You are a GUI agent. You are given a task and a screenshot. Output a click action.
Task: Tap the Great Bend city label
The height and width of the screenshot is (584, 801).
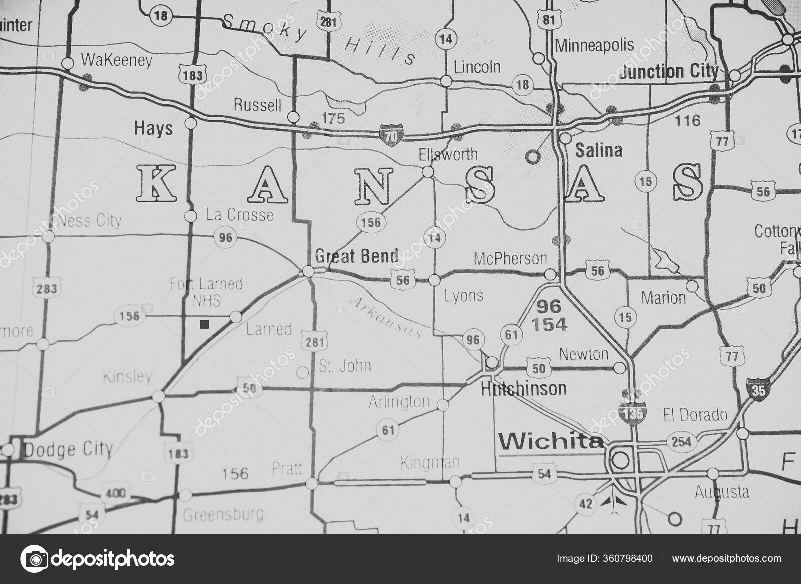click(357, 256)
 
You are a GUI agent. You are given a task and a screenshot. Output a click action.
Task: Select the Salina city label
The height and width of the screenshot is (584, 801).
click(599, 150)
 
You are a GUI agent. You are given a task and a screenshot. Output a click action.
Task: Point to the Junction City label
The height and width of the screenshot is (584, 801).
click(668, 72)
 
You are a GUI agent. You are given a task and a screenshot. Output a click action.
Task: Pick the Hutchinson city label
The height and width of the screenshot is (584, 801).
click(523, 388)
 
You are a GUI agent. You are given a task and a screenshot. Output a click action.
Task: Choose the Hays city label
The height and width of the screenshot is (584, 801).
click(153, 129)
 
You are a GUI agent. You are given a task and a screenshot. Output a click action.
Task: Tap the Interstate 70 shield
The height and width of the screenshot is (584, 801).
click(389, 135)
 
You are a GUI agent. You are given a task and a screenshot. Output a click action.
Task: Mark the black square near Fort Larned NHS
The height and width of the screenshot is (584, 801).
click(204, 324)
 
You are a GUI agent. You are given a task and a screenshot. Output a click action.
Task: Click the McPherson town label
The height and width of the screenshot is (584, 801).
click(510, 259)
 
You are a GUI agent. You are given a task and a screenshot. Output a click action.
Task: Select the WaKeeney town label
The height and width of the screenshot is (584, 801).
click(116, 61)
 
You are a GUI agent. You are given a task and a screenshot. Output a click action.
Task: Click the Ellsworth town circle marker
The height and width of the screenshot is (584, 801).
click(428, 172)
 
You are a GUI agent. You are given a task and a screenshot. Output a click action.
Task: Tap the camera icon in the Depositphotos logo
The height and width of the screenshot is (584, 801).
click(34, 558)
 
